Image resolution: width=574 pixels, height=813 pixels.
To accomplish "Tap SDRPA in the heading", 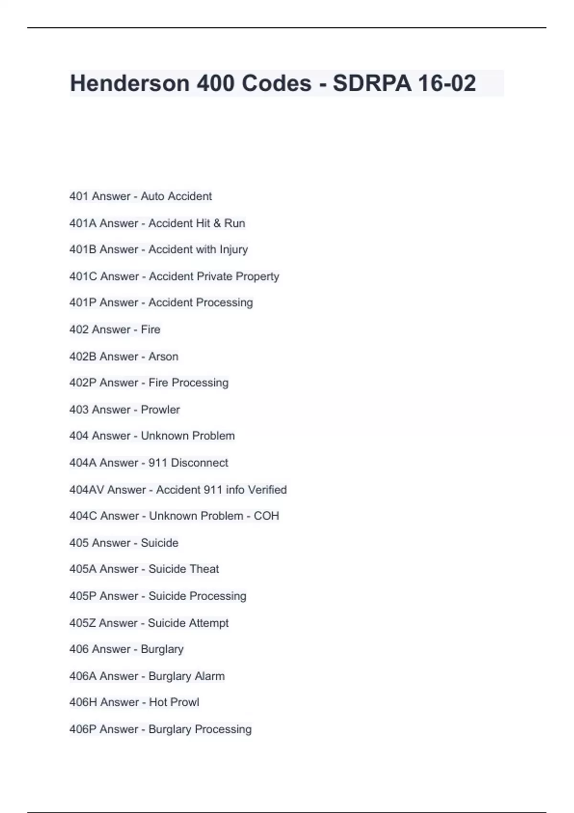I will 372,83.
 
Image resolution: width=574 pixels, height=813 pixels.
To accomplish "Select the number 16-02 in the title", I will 447,83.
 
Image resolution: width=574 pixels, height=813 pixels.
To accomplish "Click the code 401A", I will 83,223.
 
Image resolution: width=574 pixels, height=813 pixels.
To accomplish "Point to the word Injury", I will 233,250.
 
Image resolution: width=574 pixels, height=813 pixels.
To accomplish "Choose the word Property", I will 257,276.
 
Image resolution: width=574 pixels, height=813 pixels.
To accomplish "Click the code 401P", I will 83,303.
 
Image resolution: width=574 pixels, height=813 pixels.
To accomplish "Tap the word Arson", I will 163,357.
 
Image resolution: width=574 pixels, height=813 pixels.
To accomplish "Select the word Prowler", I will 160,410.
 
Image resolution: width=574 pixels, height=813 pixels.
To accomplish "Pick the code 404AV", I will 87,490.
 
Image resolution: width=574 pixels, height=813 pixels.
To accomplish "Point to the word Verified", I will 267,490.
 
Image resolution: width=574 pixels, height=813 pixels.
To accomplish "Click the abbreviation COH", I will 266,516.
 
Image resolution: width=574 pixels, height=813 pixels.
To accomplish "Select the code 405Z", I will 83,623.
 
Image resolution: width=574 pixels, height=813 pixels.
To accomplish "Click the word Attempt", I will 209,623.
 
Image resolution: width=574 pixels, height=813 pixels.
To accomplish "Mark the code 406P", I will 83,729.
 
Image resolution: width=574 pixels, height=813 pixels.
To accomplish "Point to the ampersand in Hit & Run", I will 217,223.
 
